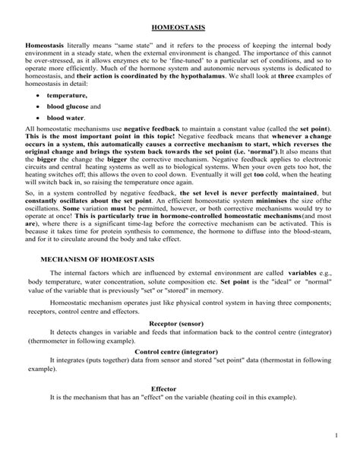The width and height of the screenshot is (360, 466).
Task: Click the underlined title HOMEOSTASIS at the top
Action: click(x=180, y=27)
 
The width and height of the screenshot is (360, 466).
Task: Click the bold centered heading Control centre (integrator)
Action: click(x=180, y=351)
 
